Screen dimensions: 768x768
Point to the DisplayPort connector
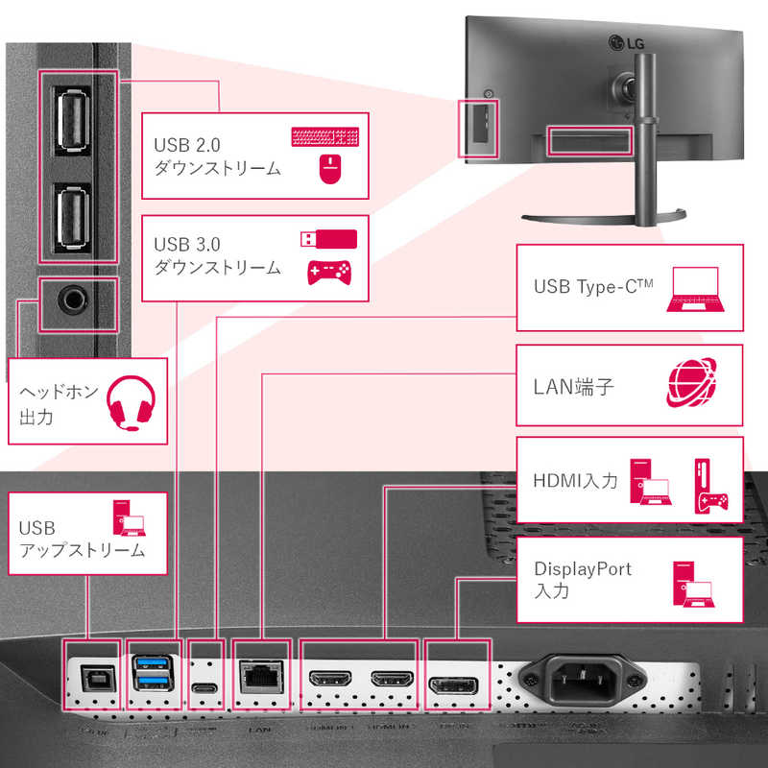[453, 684]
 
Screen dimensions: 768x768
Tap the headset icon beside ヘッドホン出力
[128, 401]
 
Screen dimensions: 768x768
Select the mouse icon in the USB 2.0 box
[329, 170]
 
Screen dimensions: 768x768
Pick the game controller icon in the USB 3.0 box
[328, 273]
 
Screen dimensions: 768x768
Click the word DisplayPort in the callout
[583, 568]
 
